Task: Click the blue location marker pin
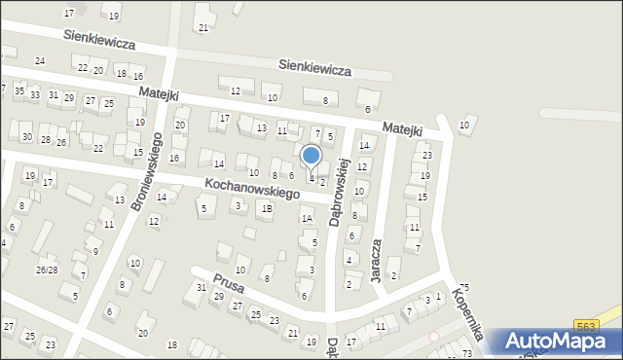coord(311,156)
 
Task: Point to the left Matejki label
coord(158,92)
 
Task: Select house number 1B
coord(266,208)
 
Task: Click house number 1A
coord(306,219)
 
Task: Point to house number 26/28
coord(47,270)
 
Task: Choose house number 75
coord(464,287)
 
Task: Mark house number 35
coord(18,90)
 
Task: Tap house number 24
coord(39,61)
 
